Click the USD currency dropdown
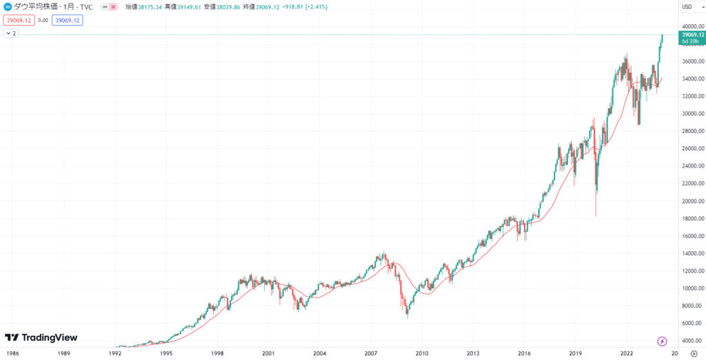coord(687,7)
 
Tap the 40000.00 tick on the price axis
coord(691,26)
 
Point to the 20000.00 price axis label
coord(691,201)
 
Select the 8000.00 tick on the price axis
coord(689,306)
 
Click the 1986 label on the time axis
coord(12,352)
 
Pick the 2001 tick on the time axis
coord(268,352)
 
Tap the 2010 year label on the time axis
coord(421,352)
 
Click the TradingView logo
coord(41,338)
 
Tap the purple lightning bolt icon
coord(663,341)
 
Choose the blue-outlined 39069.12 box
coord(67,20)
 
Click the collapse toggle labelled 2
coord(12,33)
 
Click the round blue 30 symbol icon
coord(8,7)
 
